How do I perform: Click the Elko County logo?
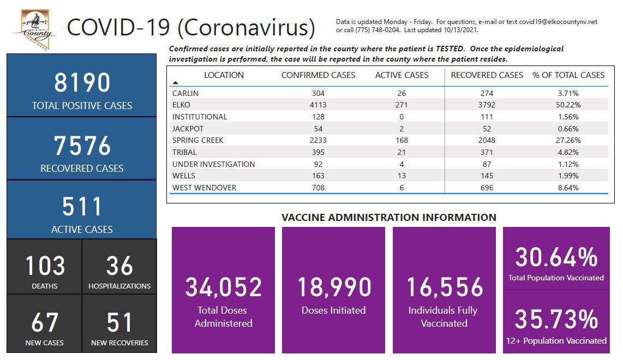coord(34,30)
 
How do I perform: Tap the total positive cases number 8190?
coord(82,83)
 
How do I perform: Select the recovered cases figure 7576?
coord(82,146)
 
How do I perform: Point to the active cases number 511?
coord(82,207)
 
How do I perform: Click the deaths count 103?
coord(45,266)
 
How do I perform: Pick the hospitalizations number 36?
coord(119,266)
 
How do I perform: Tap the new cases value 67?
coord(45,322)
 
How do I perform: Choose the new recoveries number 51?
coord(119,322)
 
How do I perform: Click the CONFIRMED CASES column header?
coord(318,75)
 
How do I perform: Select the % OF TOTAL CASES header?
coord(568,75)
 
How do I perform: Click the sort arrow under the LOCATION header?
coord(175,83)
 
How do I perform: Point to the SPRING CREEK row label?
coord(198,140)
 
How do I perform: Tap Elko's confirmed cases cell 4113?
coord(318,105)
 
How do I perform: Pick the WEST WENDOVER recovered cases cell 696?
coord(487,188)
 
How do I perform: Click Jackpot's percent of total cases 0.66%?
coord(568,129)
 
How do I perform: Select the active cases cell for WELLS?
coord(402,176)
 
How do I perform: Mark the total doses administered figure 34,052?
coord(223,287)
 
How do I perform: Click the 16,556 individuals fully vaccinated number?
coord(445,287)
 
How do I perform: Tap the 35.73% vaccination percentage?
coord(556,319)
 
